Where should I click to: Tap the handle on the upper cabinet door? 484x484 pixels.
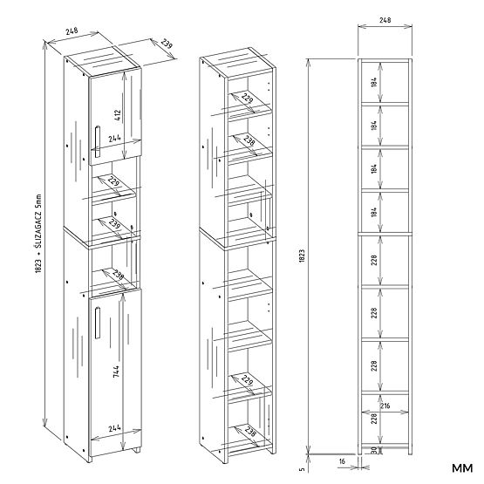point(96,143)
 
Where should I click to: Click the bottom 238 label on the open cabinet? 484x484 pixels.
point(249,431)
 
